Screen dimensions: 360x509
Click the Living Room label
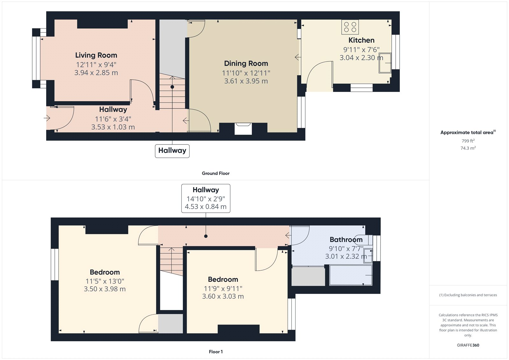[96, 55]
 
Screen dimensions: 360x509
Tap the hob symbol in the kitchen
[350, 27]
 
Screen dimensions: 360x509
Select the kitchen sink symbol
[385, 63]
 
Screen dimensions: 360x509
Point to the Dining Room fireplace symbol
[243, 129]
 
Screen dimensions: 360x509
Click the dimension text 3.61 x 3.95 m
[246, 81]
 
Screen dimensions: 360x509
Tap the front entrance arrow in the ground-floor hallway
[47, 118]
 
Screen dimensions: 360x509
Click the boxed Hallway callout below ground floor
[172, 151]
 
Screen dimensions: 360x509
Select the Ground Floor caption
[215, 173]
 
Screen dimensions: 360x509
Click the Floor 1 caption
[216, 352]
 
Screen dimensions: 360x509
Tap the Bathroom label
[346, 240]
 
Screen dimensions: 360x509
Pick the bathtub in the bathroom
[351, 275]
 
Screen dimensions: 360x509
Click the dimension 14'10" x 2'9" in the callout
[206, 199]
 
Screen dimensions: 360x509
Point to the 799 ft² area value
[468, 141]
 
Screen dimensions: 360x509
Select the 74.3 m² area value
[468, 148]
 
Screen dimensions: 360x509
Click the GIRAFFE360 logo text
[468, 345]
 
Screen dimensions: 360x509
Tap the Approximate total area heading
[467, 132]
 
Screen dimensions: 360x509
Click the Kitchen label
[361, 40]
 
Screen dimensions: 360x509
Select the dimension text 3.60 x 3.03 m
[223, 296]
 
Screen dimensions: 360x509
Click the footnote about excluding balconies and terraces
[468, 295]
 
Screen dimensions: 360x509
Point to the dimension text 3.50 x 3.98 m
[105, 289]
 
